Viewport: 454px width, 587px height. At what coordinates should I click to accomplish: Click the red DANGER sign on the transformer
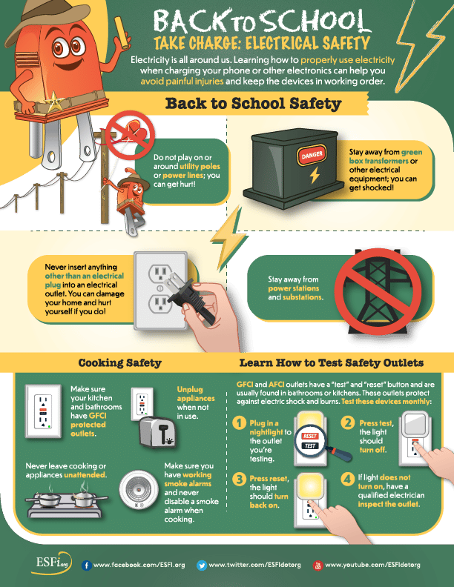click(x=312, y=154)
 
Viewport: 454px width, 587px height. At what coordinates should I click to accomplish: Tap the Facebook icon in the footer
click(x=87, y=565)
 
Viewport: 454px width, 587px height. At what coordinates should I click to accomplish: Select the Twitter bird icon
click(x=202, y=565)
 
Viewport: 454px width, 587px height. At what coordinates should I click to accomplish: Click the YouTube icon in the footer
click(x=318, y=566)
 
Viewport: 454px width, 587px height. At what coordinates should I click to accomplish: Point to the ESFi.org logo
click(x=52, y=563)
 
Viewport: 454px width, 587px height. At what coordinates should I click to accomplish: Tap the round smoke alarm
click(x=139, y=490)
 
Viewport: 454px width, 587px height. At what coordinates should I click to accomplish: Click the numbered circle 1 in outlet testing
click(x=240, y=423)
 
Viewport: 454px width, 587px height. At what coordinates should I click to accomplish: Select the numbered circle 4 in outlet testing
click(x=348, y=479)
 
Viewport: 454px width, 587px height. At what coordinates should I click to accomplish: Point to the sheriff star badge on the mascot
click(x=55, y=102)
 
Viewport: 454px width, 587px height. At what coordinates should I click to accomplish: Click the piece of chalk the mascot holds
click(x=121, y=32)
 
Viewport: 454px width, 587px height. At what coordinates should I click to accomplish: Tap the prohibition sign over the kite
click(x=130, y=135)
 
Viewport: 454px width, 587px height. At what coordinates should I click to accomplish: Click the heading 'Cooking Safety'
click(x=120, y=362)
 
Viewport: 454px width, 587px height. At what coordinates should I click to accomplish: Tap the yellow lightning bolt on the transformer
click(x=315, y=175)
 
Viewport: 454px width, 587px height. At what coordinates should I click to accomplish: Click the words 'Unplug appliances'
click(x=196, y=394)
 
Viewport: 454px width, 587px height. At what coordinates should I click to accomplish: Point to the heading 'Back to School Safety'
click(x=253, y=103)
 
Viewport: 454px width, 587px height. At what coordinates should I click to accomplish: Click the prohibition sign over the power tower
click(x=378, y=291)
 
